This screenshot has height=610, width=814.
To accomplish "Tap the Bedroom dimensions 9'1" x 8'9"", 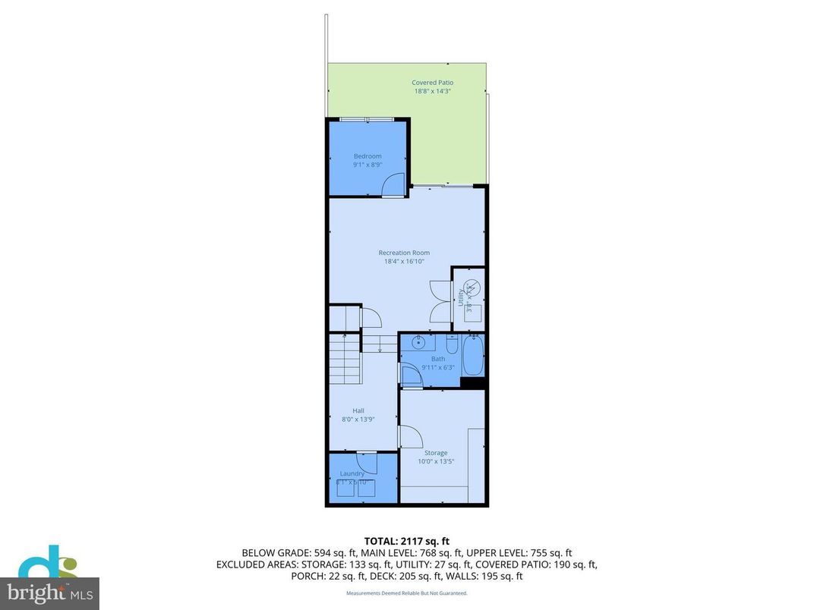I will [x=368, y=165].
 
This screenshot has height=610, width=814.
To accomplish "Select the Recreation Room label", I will [x=404, y=253].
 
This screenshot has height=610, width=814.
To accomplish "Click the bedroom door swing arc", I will [x=394, y=184].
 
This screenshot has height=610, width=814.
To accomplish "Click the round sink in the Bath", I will [x=418, y=344].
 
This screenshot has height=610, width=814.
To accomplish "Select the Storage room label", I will [x=436, y=453].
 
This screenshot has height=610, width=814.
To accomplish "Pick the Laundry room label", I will [x=352, y=473].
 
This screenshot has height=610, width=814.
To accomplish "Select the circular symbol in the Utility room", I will [x=472, y=288].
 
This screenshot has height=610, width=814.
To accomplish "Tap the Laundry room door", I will [x=367, y=463].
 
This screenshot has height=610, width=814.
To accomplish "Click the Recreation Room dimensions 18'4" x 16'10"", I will [x=404, y=262].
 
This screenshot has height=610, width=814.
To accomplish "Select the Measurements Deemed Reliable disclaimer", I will [x=406, y=593].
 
